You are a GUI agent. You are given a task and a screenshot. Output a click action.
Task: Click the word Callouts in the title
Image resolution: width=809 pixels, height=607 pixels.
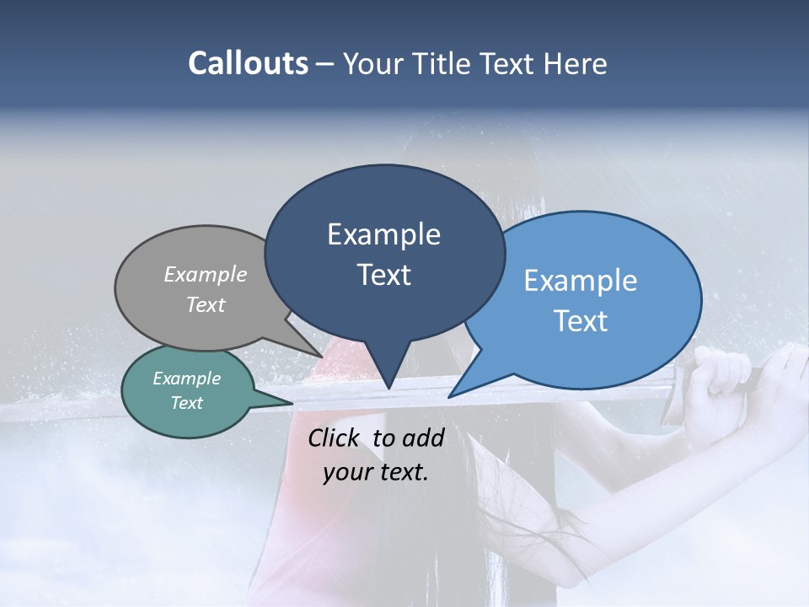point(248,63)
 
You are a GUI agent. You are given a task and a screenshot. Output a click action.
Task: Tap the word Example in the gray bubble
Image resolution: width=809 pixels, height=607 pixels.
point(206,274)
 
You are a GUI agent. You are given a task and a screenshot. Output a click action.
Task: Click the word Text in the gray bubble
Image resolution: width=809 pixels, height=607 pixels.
point(206,304)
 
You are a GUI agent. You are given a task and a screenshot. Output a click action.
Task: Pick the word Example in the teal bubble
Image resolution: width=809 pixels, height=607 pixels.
point(186,379)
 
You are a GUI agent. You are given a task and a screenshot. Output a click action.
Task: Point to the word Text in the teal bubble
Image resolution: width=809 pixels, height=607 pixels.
point(186,403)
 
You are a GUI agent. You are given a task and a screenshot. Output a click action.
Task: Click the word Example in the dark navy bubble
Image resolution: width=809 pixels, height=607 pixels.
point(383,234)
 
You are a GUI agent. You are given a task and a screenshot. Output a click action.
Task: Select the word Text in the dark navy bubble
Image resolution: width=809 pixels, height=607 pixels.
point(383,275)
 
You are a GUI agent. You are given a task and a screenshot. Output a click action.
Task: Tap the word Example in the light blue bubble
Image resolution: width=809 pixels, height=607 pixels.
point(581,281)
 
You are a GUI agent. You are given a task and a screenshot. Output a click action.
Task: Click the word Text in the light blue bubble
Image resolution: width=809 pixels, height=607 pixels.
point(581,320)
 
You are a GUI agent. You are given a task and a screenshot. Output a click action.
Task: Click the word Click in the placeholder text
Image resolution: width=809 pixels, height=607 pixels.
point(336,438)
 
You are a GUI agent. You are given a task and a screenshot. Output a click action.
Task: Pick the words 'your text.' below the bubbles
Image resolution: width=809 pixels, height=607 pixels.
point(376,471)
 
